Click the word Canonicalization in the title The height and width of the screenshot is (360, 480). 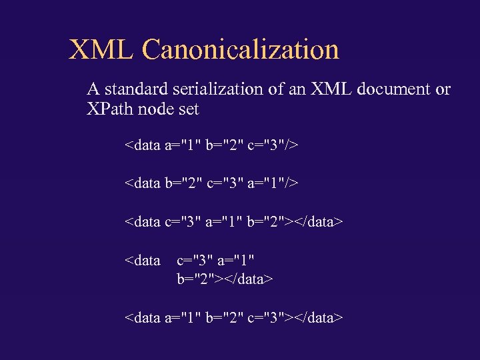pos(241,49)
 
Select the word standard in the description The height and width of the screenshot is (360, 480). pos(135,89)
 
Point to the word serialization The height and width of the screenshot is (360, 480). pos(215,89)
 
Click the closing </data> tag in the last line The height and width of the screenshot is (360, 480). pos(317,317)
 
